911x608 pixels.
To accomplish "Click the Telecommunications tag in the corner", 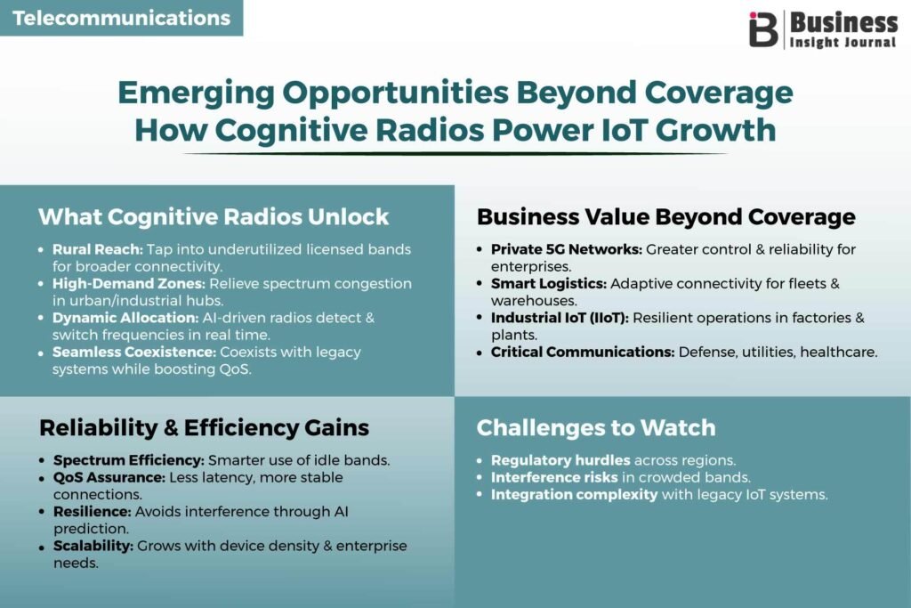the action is click(121, 18).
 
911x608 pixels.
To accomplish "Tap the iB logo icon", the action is click(762, 29).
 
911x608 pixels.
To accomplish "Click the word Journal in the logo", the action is click(869, 43).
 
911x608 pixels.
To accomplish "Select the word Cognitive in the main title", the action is click(291, 130).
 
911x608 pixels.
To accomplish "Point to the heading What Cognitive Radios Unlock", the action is click(214, 217).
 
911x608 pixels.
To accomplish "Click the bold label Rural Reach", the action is click(98, 249).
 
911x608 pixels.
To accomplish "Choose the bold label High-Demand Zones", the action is click(129, 284).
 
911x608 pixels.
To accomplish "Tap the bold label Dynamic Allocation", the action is click(125, 318).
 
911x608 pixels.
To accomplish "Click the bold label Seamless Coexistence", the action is click(134, 353).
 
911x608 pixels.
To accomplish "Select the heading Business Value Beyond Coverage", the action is click(665, 217).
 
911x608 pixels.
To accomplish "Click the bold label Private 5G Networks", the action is click(567, 249).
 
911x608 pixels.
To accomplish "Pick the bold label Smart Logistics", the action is click(549, 284).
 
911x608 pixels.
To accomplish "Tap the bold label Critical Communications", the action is click(583, 353).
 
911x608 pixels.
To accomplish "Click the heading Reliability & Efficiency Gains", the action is click(204, 428).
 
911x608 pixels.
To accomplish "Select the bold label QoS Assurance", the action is click(109, 477).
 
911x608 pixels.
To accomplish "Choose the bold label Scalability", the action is click(93, 546).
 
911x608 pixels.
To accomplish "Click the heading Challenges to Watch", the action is click(596, 428).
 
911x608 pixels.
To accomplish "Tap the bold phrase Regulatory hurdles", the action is click(560, 460).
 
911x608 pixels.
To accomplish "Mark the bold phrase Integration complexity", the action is click(574, 495).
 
